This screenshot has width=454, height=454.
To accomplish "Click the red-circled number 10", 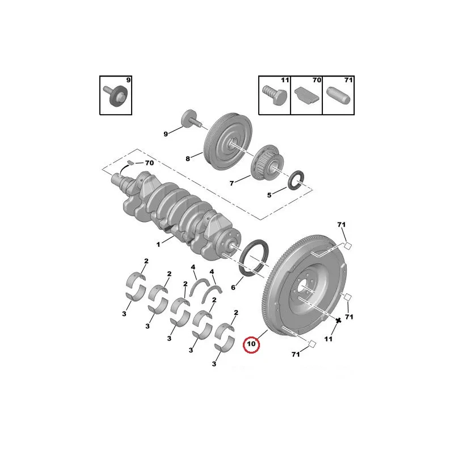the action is click(251, 344).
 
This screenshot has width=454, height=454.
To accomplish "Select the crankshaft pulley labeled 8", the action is click(228, 142).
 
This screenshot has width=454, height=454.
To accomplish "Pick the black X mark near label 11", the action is click(338, 321).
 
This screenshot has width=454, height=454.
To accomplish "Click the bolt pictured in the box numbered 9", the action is click(115, 95).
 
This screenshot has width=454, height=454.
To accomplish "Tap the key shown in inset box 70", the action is click(307, 95).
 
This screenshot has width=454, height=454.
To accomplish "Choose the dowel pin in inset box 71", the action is click(338, 95).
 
